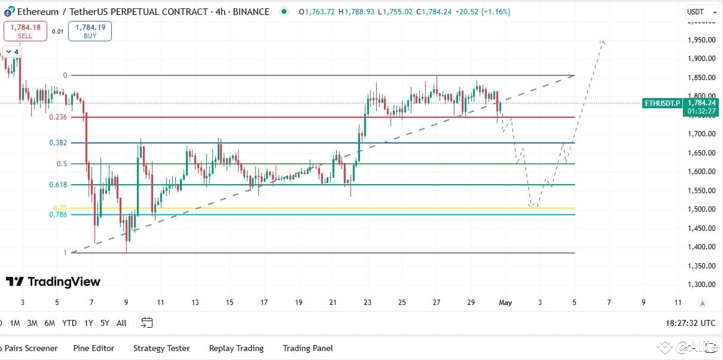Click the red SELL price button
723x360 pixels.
[25, 30]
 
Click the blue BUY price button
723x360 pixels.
[90, 30]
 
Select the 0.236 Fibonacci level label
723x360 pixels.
[59, 117]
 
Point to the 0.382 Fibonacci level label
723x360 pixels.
[59, 143]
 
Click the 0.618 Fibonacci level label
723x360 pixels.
[59, 185]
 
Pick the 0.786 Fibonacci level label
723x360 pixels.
[59, 215]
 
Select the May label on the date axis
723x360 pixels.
[505, 303]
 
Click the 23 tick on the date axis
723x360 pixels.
[367, 303]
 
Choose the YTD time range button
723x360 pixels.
[69, 323]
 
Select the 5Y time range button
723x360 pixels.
[105, 323]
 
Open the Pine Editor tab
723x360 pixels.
[93, 348]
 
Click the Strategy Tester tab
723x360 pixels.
[161, 348]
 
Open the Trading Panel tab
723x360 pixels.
[307, 348]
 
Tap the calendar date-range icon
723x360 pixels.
[147, 323]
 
